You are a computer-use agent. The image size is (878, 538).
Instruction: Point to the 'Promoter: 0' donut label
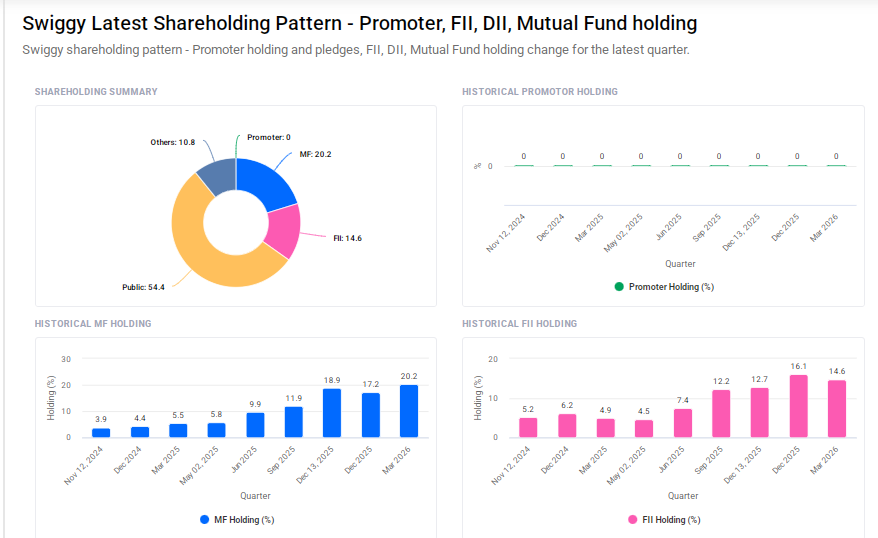point(268,137)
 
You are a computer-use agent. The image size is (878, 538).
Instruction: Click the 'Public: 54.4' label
point(144,287)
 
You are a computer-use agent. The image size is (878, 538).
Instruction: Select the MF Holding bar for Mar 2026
point(409,411)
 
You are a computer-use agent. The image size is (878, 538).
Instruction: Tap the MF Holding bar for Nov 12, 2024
point(101,432)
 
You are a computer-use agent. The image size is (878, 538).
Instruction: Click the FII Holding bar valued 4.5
point(644,428)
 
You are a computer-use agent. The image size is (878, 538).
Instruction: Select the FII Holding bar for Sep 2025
point(721,413)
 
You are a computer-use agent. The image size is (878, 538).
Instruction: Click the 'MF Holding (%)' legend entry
point(237,520)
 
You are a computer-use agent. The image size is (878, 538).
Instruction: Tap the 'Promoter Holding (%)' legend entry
point(663,286)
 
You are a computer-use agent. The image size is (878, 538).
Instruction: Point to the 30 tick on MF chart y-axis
point(66,359)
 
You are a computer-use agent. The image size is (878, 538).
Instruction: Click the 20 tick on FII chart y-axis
point(492,359)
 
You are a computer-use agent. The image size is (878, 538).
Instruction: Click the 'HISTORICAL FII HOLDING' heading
point(519,324)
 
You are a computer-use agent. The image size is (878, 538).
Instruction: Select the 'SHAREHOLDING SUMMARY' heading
point(96,92)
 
